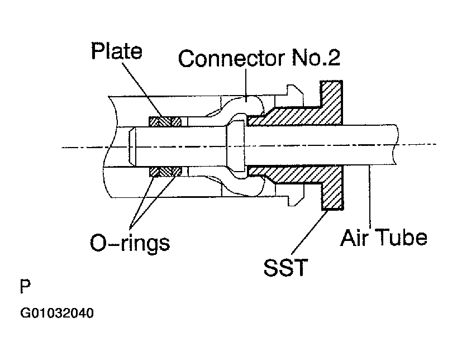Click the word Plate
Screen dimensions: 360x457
pos(117,51)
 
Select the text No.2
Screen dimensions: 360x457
pos(319,58)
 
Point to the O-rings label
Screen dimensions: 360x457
pos(130,243)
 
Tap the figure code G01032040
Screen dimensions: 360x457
pos(57,313)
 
